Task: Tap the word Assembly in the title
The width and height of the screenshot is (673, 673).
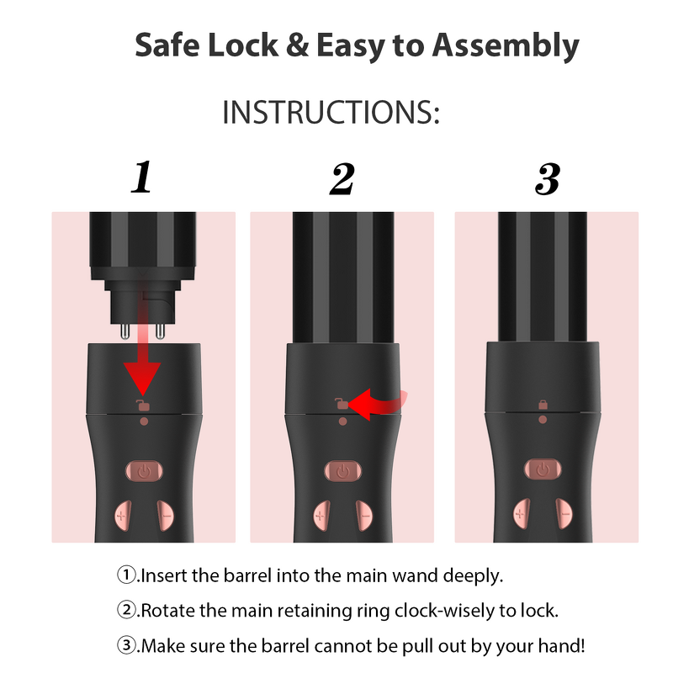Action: point(506,46)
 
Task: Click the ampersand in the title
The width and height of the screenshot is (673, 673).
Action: point(297,45)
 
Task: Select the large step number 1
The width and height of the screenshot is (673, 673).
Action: point(141,177)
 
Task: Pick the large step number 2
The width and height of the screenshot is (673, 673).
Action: point(342,178)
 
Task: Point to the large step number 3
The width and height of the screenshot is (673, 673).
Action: point(548,178)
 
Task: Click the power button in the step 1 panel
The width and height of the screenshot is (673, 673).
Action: point(144,472)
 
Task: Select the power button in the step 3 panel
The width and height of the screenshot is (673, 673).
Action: point(543,469)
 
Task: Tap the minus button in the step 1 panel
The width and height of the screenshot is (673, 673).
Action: point(166,516)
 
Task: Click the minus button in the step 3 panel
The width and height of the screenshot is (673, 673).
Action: point(564,514)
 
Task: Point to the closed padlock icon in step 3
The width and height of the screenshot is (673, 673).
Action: point(543,405)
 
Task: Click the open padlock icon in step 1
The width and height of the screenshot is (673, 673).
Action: point(143,405)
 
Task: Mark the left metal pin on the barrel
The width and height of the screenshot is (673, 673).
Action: point(125,331)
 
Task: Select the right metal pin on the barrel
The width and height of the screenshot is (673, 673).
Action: point(160,331)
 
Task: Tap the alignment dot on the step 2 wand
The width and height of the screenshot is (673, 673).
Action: point(342,421)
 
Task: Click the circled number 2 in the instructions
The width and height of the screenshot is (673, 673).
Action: point(126,609)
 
